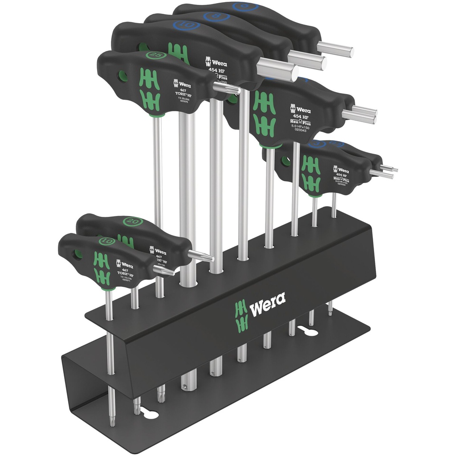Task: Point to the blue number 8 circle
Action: (x=216, y=17)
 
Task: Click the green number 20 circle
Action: (x=134, y=221)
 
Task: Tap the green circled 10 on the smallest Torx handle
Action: (x=106, y=241)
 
